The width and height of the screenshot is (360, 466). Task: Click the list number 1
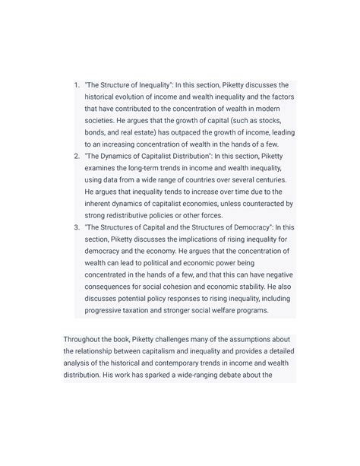(76, 85)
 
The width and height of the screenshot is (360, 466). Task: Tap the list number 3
(76, 227)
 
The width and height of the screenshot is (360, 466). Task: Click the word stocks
(263, 120)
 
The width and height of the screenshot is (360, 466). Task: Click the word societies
(104, 120)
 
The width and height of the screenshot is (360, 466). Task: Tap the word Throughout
(90, 338)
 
